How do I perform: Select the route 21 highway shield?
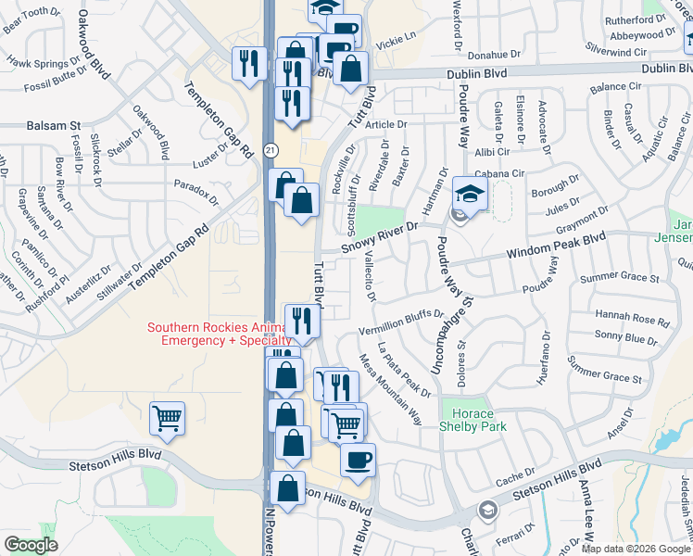270,149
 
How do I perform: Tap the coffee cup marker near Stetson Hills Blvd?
358,459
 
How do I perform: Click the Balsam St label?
54,124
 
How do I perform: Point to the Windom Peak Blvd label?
555,248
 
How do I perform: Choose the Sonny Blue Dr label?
626,339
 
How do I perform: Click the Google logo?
31,545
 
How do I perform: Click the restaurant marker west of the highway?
247,64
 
